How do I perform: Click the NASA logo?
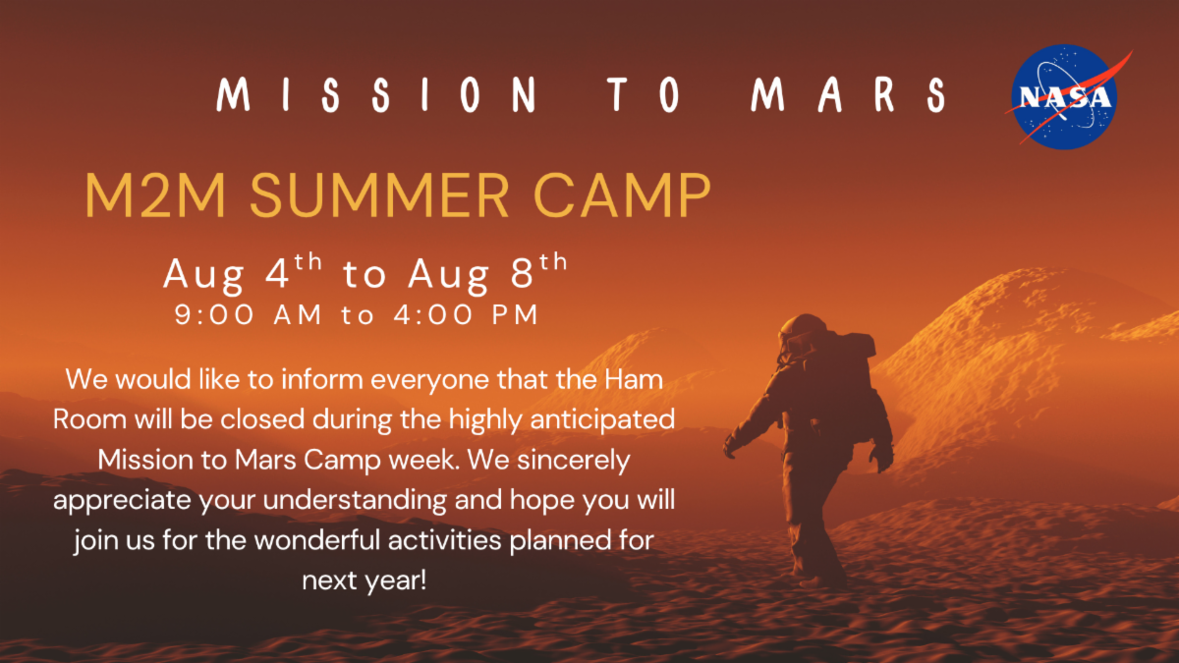coord(1064,97)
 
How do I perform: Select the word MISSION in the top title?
coord(377,94)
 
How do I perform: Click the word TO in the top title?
coord(644,94)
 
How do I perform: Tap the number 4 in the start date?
coord(277,274)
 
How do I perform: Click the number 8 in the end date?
coord(523,274)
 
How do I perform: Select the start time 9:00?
coord(214,314)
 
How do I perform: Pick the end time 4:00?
coord(433,314)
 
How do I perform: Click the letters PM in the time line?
coord(515,314)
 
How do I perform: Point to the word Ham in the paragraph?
coord(634,379)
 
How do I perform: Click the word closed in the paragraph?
coord(262,419)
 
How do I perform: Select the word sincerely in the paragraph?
coord(573,461)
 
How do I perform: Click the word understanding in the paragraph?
coord(355,501)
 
